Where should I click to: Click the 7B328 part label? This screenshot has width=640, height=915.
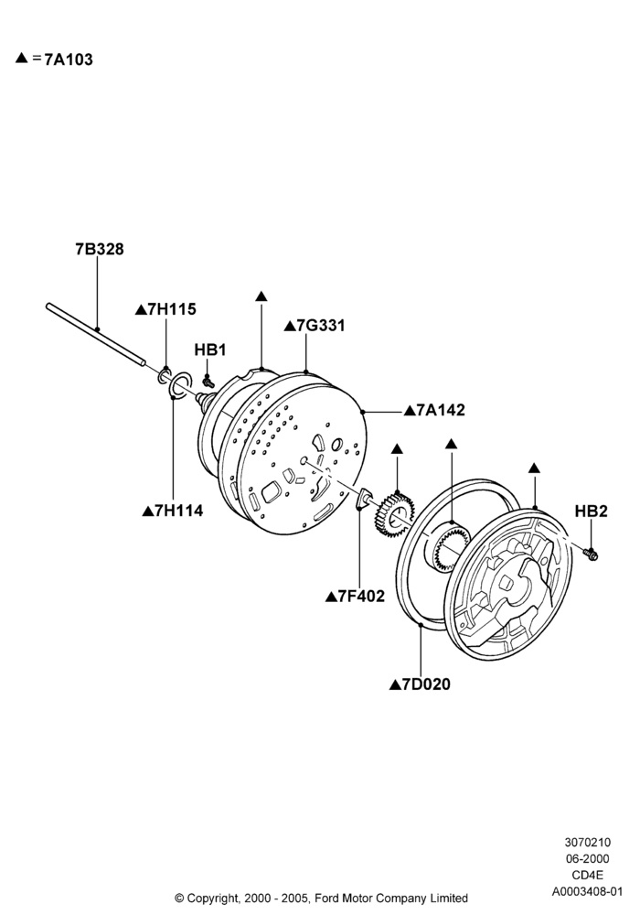point(100,249)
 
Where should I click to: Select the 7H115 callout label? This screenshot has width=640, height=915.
point(172,309)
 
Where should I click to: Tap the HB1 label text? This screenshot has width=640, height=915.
point(210,350)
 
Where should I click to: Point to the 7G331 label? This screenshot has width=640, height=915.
point(321,326)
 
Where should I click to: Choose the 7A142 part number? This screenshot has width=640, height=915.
point(441,410)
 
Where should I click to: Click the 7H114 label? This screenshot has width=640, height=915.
point(179,511)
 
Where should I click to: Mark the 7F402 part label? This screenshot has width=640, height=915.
point(361,597)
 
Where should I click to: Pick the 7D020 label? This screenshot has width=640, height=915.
point(426,684)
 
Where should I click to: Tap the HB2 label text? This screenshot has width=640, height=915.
point(591,511)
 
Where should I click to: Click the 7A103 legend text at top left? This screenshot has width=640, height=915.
point(69,59)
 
